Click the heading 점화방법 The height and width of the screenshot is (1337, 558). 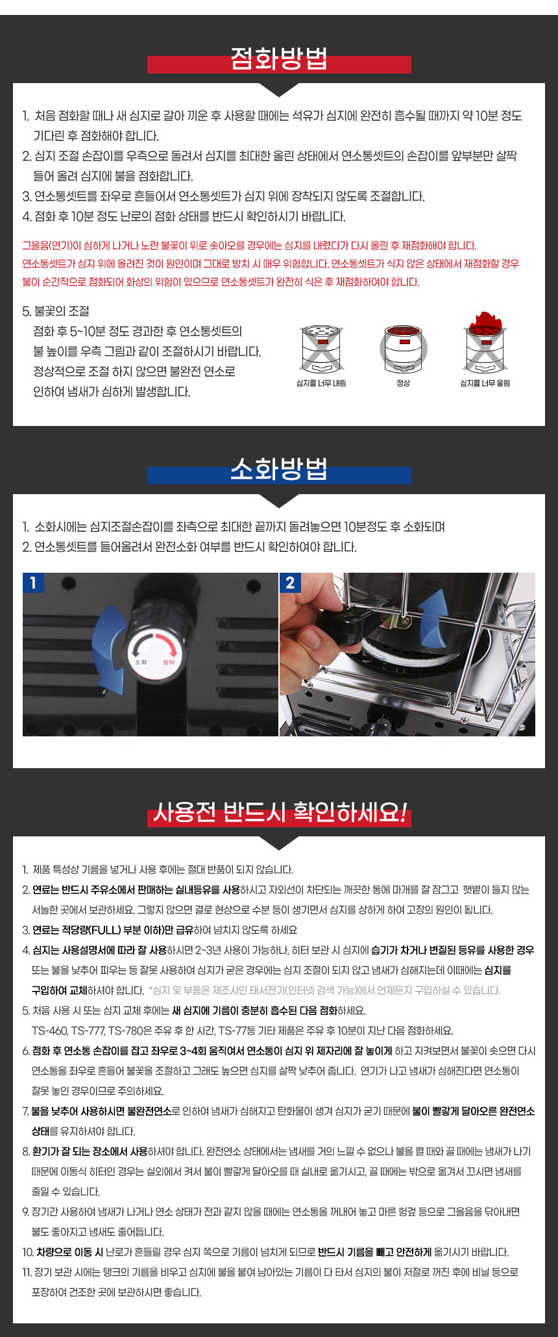(x=279, y=60)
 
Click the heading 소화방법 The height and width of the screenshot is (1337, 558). (x=279, y=469)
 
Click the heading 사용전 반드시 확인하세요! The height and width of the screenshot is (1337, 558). (x=279, y=812)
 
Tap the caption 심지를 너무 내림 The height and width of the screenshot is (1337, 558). (x=321, y=383)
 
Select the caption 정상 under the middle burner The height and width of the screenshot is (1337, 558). (x=403, y=383)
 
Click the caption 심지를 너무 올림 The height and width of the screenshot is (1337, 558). (x=485, y=383)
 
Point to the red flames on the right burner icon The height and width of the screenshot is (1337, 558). (x=485, y=319)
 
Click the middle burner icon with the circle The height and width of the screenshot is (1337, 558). (x=403, y=348)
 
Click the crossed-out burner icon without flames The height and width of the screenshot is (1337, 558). (x=322, y=349)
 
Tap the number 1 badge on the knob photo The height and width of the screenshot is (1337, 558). (x=33, y=582)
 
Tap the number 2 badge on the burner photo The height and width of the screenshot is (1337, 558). (x=290, y=582)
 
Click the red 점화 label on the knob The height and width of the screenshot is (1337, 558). (x=168, y=662)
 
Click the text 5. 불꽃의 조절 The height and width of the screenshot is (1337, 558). (x=56, y=311)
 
